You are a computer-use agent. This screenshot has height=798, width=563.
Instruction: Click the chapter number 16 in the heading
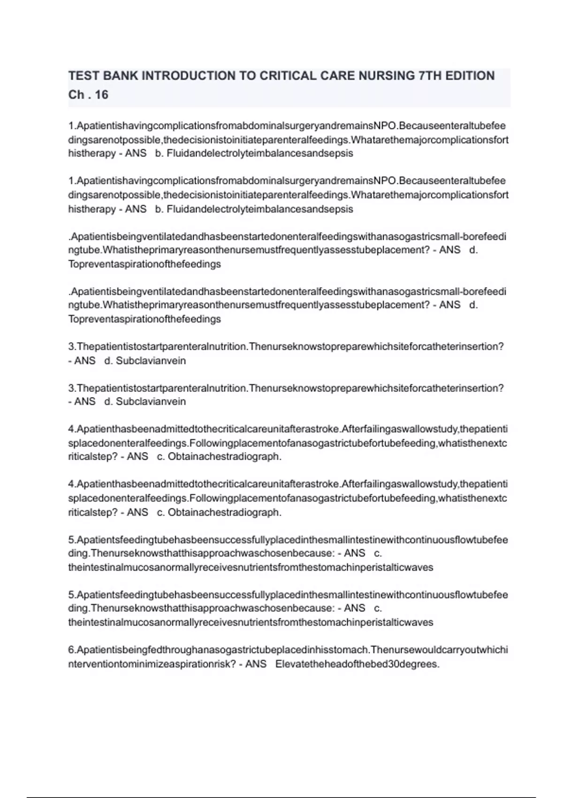point(101,95)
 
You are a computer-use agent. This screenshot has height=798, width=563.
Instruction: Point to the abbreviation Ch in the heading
point(76,95)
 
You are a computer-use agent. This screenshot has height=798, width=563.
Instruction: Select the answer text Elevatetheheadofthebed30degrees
point(358,664)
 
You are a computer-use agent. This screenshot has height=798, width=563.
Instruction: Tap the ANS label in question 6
point(256,664)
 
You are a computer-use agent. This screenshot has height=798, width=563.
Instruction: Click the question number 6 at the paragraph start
point(71,650)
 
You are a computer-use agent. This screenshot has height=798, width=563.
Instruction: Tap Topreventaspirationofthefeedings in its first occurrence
point(145,264)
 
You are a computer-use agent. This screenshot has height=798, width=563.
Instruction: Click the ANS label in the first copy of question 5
point(354,553)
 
